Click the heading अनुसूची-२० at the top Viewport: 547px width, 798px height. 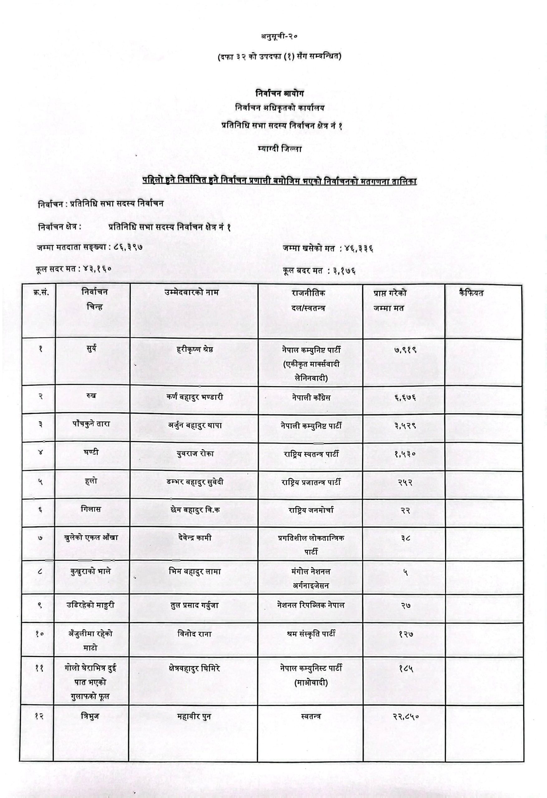(279, 36)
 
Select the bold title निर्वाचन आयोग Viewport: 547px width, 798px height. (280, 93)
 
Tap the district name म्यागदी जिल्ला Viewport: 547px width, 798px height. (280, 149)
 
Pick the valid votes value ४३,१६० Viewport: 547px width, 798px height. (98, 269)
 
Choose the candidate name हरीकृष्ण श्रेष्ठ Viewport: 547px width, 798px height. (194, 349)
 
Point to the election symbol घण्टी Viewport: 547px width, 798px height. (91, 452)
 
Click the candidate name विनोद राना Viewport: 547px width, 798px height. (194, 634)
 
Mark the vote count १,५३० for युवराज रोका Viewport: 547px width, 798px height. (405, 454)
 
